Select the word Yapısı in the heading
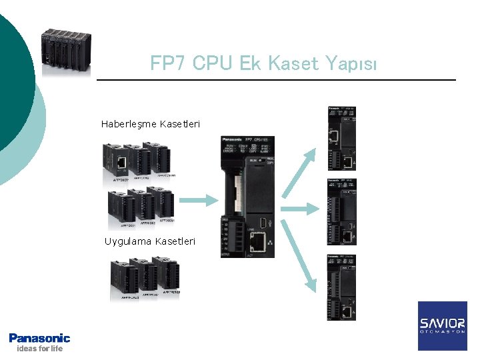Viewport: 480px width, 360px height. pos(351,64)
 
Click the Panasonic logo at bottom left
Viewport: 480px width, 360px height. pos(39,338)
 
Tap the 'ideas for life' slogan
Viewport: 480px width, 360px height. pos(39,349)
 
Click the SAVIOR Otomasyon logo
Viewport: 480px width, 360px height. pos(442,325)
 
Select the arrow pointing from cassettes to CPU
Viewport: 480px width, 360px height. pos(199,199)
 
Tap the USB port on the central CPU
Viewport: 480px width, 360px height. pos(264,222)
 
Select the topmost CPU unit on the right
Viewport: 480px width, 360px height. pos(341,138)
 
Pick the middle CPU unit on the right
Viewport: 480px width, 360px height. pos(341,212)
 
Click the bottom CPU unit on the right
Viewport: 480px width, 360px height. pos(341,287)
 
